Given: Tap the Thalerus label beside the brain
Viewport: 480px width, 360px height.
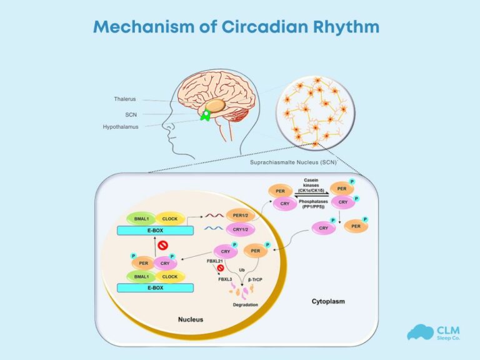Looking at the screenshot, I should point(124,99).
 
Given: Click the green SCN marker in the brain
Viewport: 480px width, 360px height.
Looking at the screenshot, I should point(204,116).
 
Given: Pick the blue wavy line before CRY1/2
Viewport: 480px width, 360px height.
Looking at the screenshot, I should point(213,229).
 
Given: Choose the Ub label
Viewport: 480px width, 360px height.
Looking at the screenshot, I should point(241,270).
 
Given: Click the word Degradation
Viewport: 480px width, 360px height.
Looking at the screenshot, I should point(246,305).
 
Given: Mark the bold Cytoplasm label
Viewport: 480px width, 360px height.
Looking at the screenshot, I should point(328,302).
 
